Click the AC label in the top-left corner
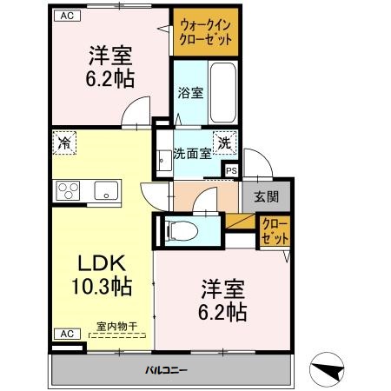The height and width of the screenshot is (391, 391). coord(64,15)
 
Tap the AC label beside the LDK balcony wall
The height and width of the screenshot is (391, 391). coord(64,334)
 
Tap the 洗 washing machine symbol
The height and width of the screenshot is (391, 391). coord(225,142)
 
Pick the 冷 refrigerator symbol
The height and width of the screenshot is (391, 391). coord(65,141)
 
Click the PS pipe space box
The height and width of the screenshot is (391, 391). coord(231,171)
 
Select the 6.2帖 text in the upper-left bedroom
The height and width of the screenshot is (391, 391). coord(109,77)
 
